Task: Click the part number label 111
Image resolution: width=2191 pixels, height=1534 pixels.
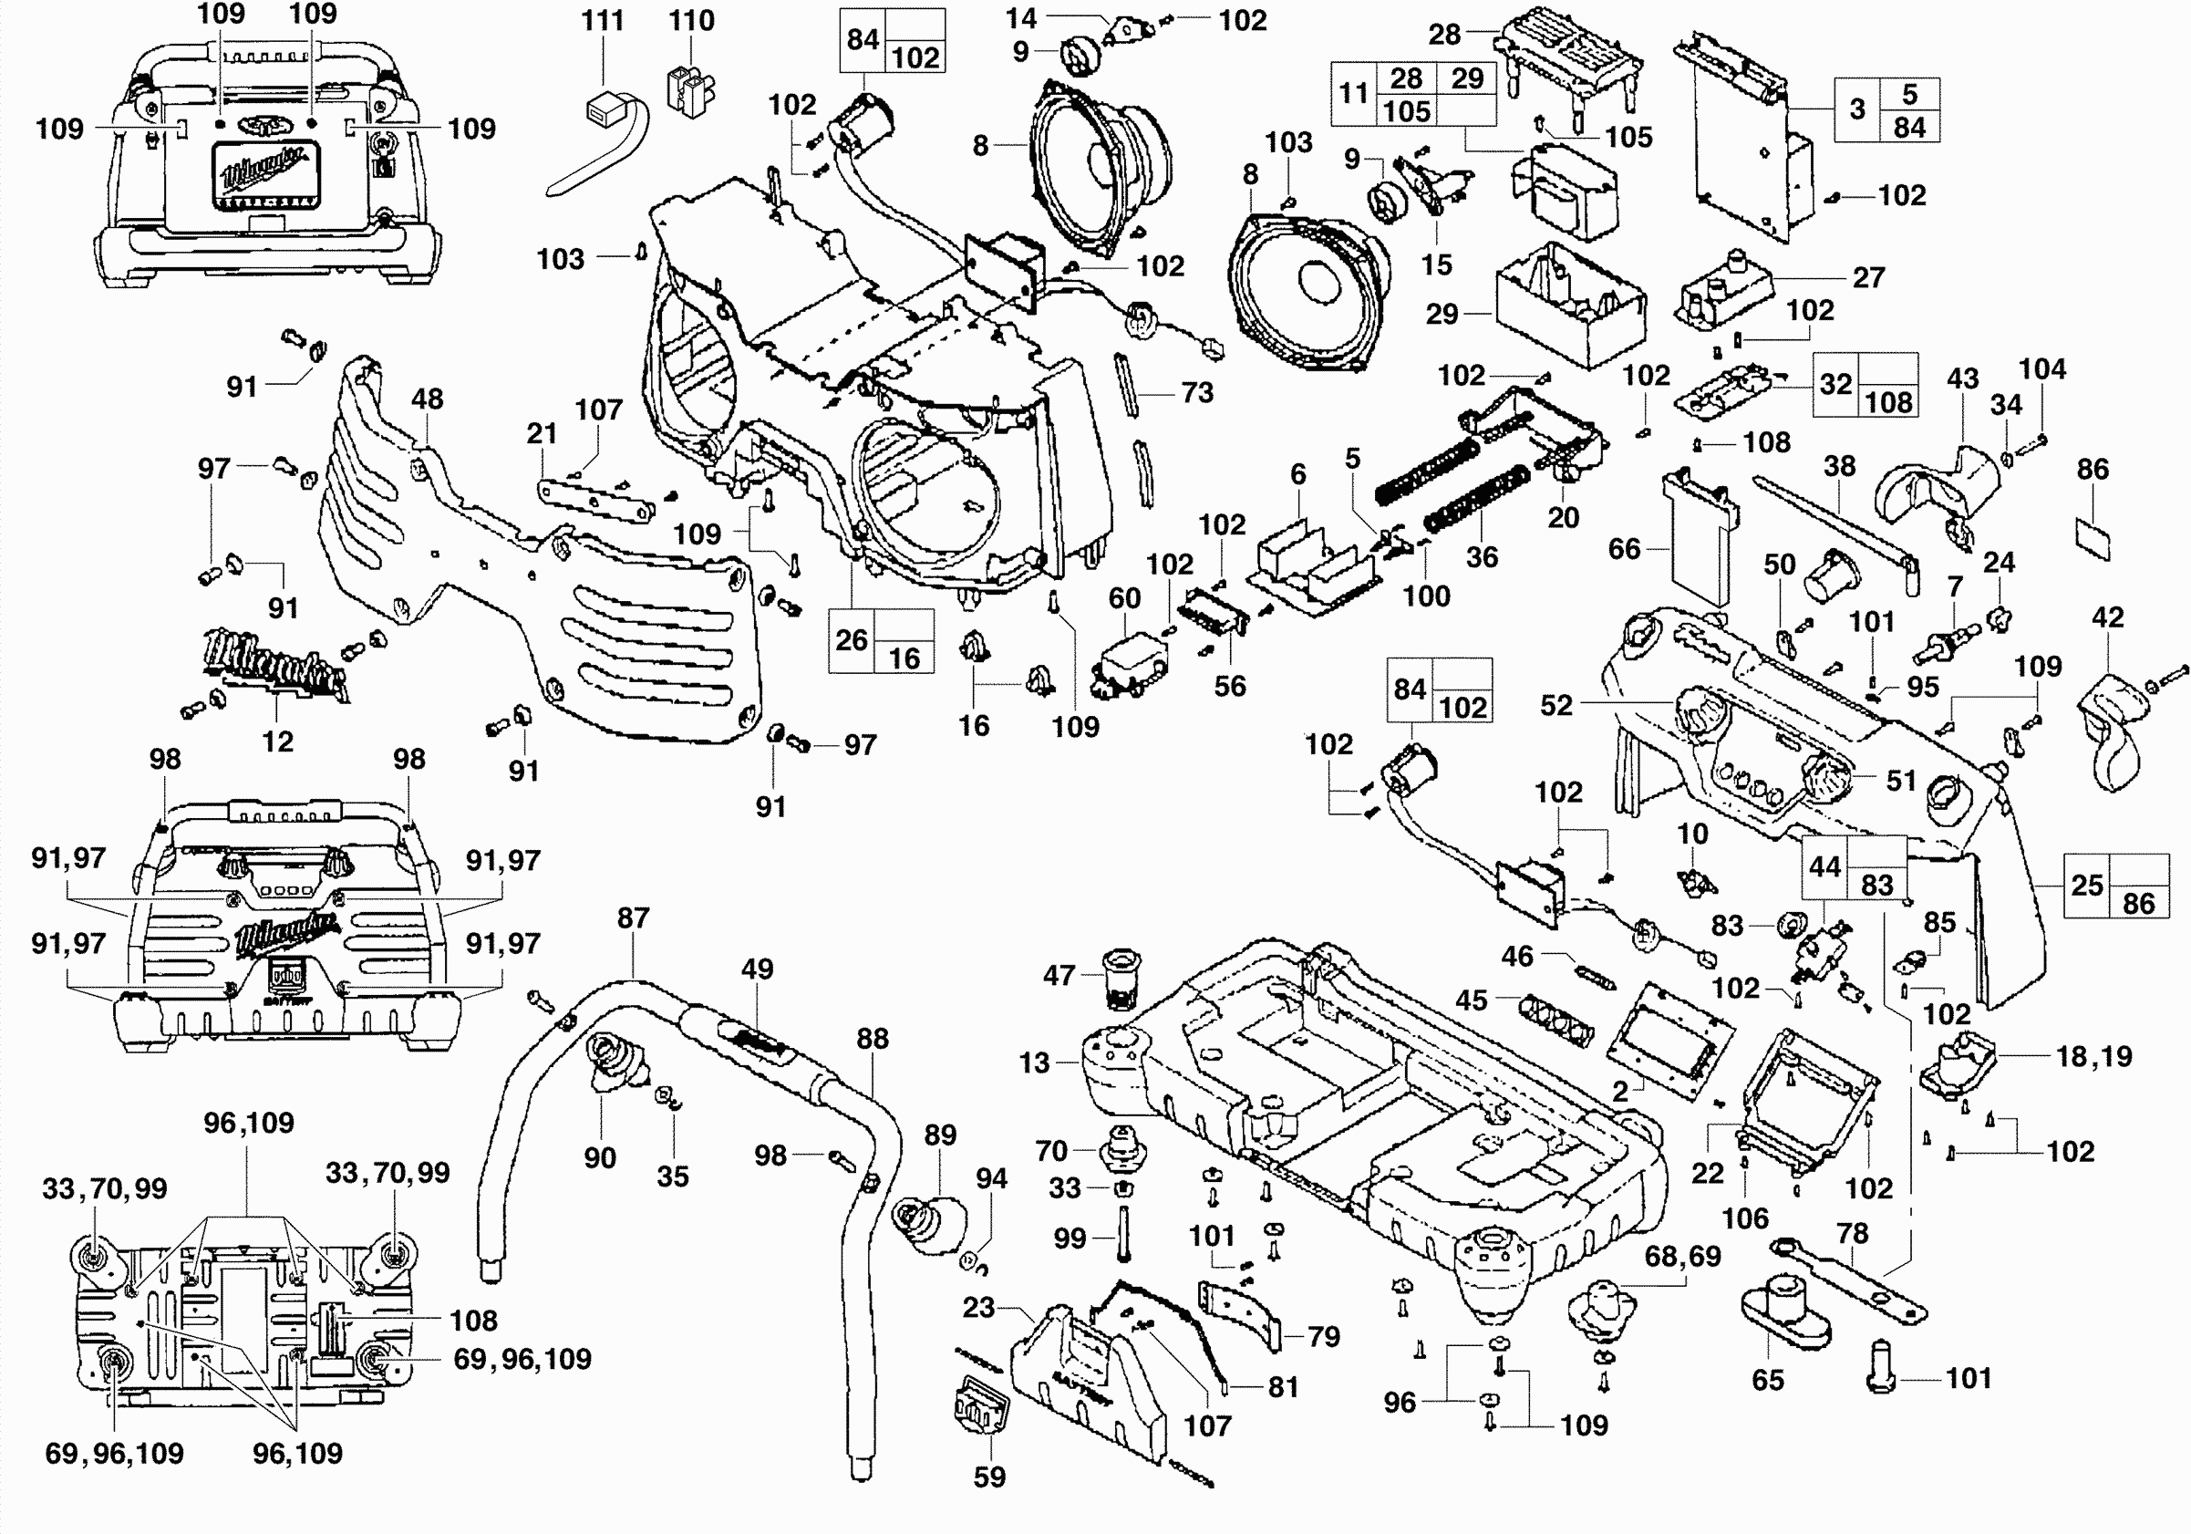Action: tap(602, 20)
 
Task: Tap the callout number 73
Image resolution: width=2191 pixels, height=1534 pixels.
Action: tap(1196, 392)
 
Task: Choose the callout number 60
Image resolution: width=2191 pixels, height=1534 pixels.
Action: tap(1124, 597)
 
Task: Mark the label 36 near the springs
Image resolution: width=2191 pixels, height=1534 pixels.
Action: tap(1481, 556)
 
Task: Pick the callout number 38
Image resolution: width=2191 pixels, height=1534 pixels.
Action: tap(1839, 466)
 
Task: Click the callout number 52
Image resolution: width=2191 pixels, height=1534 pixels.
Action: tap(1555, 704)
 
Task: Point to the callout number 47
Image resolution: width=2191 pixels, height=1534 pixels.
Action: tap(1059, 975)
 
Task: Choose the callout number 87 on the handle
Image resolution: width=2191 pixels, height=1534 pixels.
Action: tap(633, 917)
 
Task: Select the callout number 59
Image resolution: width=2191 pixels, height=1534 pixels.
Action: tap(988, 1477)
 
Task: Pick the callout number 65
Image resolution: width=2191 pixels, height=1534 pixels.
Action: tap(1767, 1379)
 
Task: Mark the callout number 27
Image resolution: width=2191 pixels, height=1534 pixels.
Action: tap(1868, 277)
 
